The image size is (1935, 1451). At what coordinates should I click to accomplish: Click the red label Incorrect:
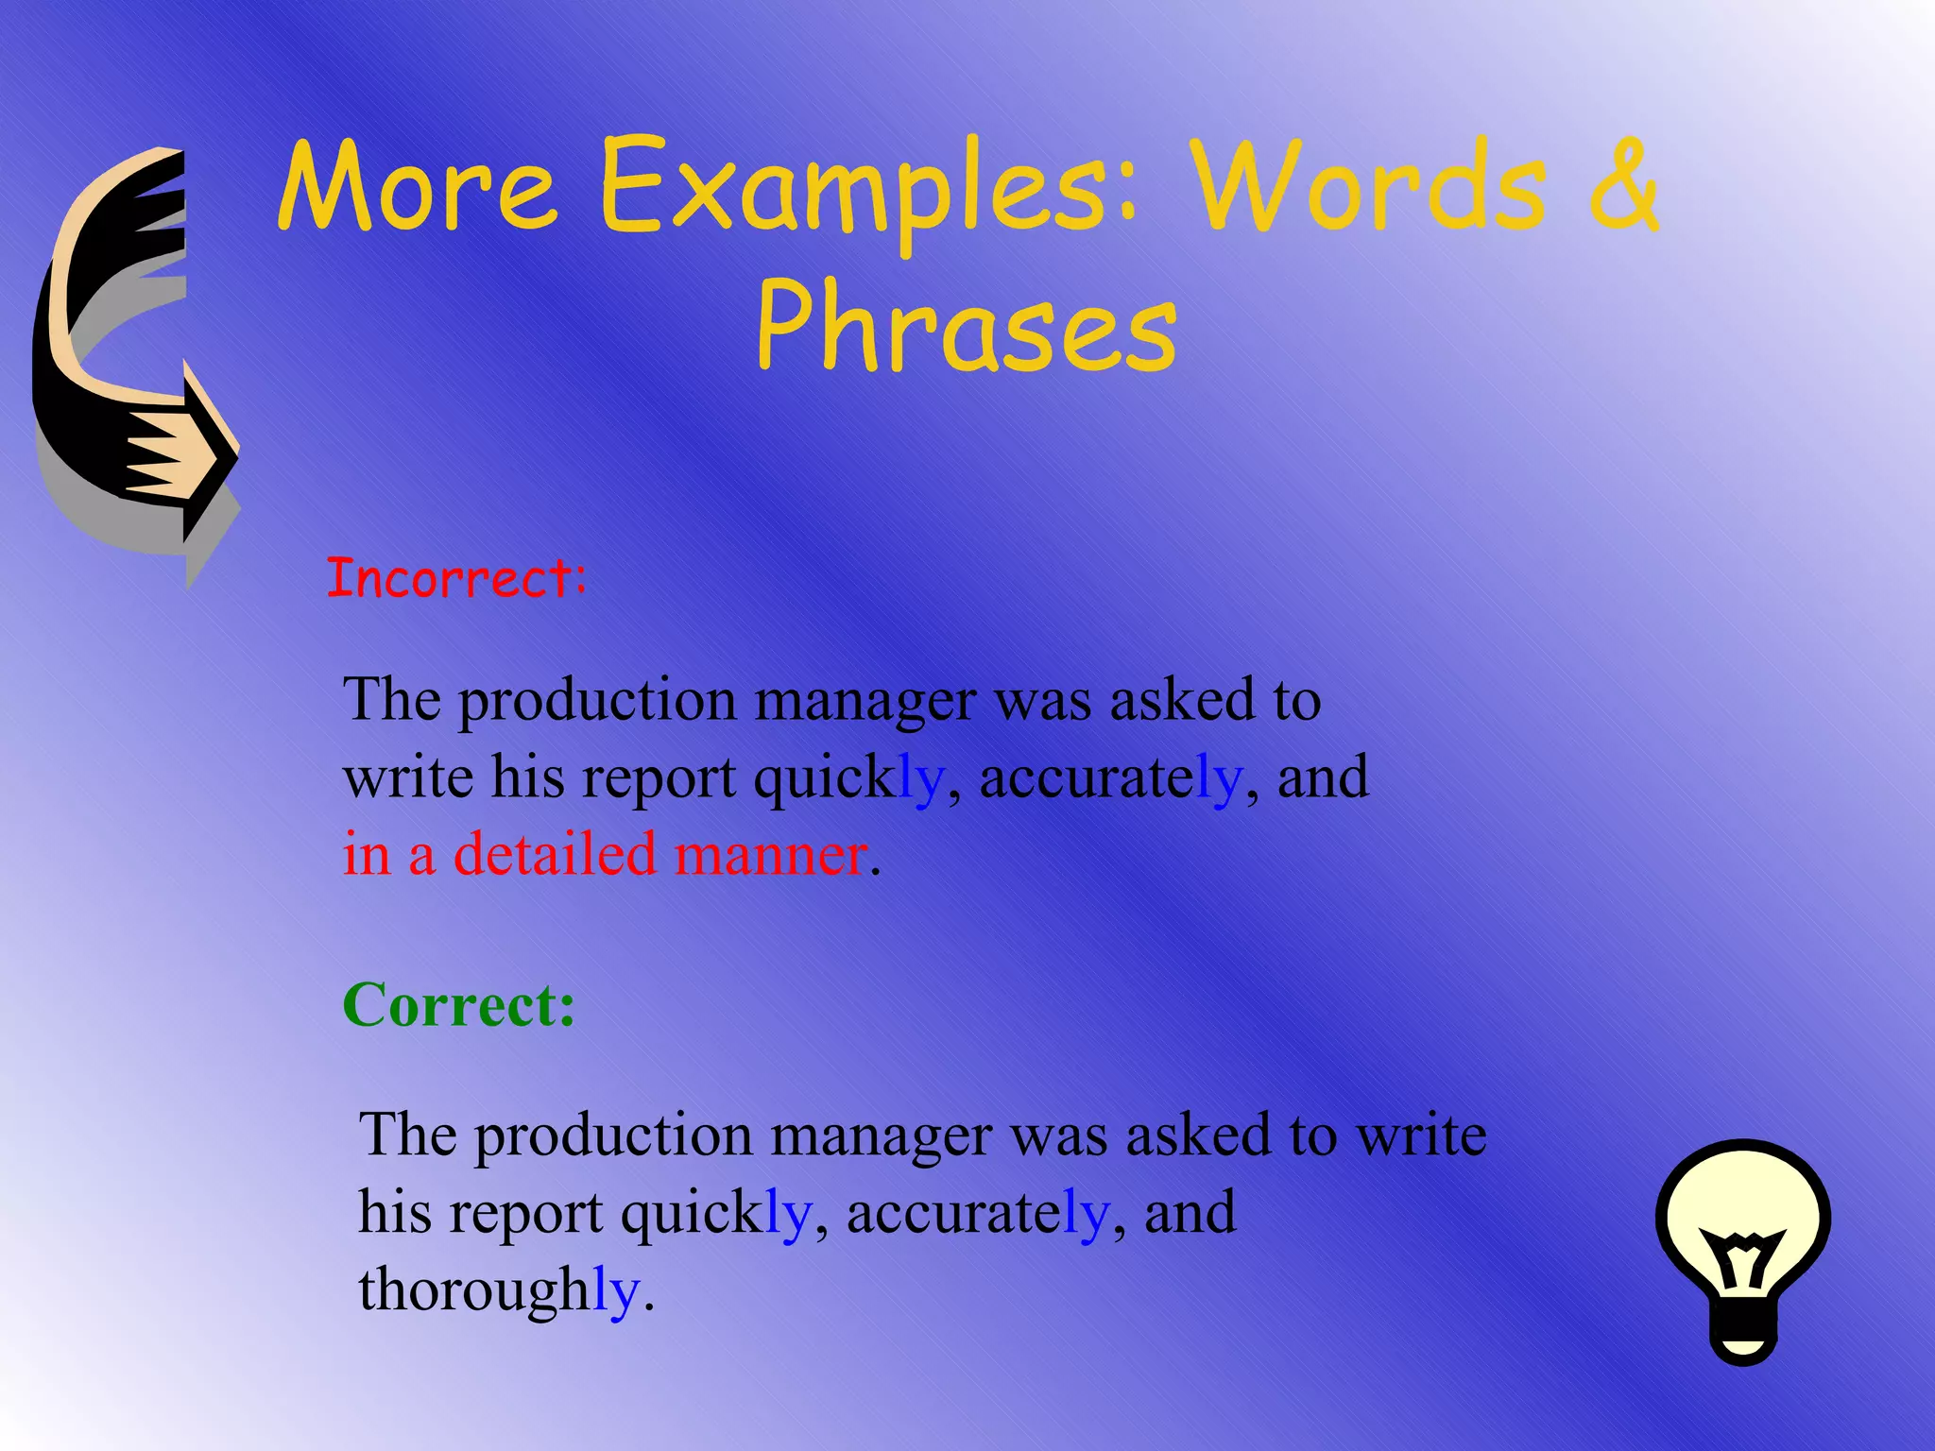(x=456, y=578)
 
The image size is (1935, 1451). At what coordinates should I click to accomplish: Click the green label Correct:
(x=459, y=1004)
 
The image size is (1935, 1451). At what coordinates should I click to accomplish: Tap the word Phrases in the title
(x=967, y=328)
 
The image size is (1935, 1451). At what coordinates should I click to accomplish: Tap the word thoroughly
(x=499, y=1289)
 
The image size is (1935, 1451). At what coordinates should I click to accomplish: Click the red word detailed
(x=555, y=854)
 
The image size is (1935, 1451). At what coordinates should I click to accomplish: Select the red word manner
(x=770, y=854)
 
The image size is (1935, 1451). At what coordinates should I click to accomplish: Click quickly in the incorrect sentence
(x=848, y=778)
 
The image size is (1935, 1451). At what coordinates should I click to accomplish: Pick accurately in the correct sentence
(x=977, y=1213)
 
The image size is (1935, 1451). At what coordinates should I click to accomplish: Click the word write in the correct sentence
(x=1422, y=1135)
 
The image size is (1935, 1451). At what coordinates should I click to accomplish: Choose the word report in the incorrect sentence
(x=658, y=780)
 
